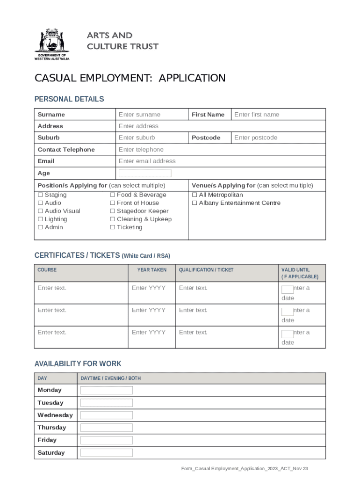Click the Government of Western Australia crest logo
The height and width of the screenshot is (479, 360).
pos(51,44)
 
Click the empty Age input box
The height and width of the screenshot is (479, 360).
pos(145,173)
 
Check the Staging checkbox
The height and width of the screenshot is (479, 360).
pos(40,195)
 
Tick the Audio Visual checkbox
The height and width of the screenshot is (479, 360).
pos(40,211)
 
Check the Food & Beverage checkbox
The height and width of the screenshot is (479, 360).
pos(112,195)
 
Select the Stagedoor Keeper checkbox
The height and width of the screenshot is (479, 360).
pos(112,211)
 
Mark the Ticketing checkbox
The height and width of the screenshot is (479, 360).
pos(112,227)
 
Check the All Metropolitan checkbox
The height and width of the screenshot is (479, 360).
pos(194,195)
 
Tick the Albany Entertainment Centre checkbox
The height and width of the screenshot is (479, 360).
pos(194,203)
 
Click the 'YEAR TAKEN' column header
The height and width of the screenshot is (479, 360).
pos(151,270)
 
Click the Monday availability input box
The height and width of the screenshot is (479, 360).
pos(107,390)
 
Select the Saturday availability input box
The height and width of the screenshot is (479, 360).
pos(107,453)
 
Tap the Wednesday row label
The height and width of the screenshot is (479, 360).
pos(55,415)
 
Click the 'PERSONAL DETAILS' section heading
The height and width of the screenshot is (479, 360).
pos(69,99)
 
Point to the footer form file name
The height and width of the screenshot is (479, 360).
pos(245,469)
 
